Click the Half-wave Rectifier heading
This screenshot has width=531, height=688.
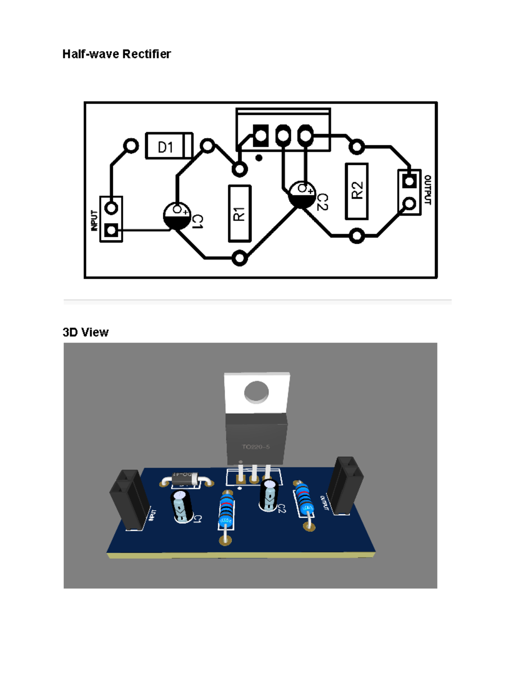[116, 54]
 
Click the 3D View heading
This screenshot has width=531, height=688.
[85, 332]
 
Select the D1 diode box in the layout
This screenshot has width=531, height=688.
[169, 146]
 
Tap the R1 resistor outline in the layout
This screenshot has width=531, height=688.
[239, 214]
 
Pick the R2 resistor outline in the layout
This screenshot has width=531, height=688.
[356, 191]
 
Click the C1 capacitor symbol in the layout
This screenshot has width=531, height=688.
[177, 216]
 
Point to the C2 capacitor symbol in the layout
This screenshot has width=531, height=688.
[302, 195]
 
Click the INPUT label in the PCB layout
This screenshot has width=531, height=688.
[94, 220]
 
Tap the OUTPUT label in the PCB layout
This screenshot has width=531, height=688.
[427, 190]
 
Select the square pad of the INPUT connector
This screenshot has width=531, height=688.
[111, 230]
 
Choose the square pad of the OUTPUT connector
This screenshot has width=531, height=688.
[409, 181]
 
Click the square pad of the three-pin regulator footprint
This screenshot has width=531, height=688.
[260, 135]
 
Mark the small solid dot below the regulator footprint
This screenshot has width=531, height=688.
[259, 158]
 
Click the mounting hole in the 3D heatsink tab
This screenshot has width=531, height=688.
[256, 392]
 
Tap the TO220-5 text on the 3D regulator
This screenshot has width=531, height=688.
[255, 447]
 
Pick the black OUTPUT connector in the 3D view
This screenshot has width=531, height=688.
[345, 485]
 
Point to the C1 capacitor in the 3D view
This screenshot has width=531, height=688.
[181, 506]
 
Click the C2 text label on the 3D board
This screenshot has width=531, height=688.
[281, 509]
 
